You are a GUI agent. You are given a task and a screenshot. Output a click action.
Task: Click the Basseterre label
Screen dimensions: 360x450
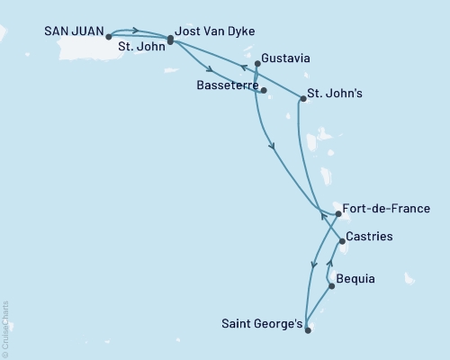(226, 85)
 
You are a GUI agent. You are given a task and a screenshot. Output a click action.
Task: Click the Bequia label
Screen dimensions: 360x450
(358, 281)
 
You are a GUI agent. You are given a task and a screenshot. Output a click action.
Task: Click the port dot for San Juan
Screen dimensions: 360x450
(108, 37)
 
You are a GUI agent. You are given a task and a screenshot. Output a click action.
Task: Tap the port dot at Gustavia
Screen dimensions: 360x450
(258, 63)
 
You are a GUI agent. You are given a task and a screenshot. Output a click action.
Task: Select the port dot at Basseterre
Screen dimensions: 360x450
(264, 90)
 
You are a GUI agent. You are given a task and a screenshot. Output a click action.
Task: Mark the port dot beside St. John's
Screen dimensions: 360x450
(302, 99)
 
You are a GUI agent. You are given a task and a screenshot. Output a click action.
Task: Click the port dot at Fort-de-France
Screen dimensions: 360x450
(337, 214)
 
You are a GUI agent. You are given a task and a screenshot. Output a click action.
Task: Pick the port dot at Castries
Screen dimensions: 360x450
(342, 241)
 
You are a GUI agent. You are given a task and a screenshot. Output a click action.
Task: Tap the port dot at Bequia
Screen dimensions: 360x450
(332, 286)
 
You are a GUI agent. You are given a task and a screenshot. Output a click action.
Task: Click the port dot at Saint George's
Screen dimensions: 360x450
(307, 329)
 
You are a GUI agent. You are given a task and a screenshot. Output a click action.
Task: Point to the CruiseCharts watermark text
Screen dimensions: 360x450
(5, 328)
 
